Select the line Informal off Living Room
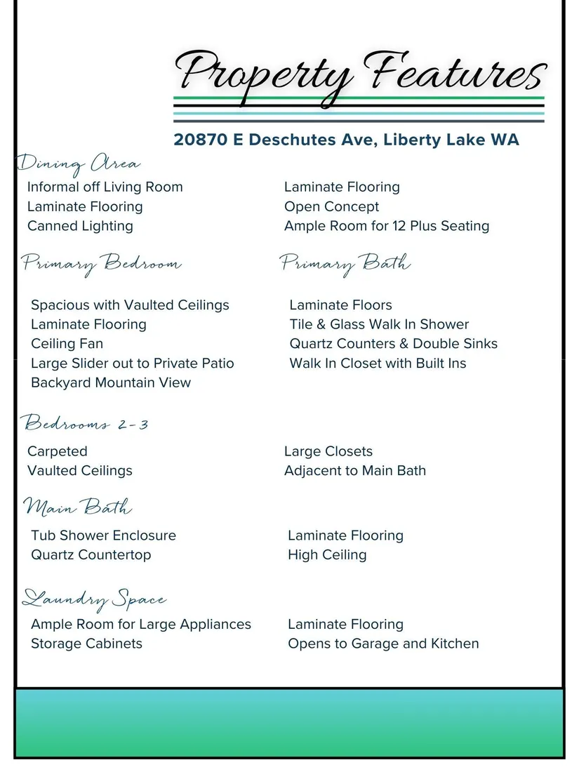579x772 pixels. pyautogui.click(x=105, y=187)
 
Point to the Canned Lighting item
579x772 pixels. pyautogui.click(x=80, y=226)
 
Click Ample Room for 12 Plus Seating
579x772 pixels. pyautogui.click(x=386, y=226)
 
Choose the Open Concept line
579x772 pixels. pyautogui.click(x=331, y=207)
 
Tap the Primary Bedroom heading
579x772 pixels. pyautogui.click(x=102, y=265)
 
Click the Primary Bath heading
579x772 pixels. pyautogui.click(x=345, y=264)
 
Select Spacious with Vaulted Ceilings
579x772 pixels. pyautogui.click(x=130, y=305)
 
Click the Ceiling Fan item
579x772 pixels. pyautogui.click(x=67, y=344)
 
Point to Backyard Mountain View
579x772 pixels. pyautogui.click(x=111, y=382)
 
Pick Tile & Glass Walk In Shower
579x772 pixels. pyautogui.click(x=379, y=324)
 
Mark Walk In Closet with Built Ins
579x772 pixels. pyautogui.click(x=378, y=364)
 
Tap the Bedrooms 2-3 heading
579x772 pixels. pyautogui.click(x=85, y=424)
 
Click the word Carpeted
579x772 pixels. pyautogui.click(x=58, y=451)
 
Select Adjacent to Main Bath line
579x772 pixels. pyautogui.click(x=354, y=471)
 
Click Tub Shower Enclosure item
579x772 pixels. pyautogui.click(x=103, y=535)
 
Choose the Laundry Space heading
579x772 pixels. pyautogui.click(x=95, y=600)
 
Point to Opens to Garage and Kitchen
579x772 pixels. pyautogui.click(x=383, y=644)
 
